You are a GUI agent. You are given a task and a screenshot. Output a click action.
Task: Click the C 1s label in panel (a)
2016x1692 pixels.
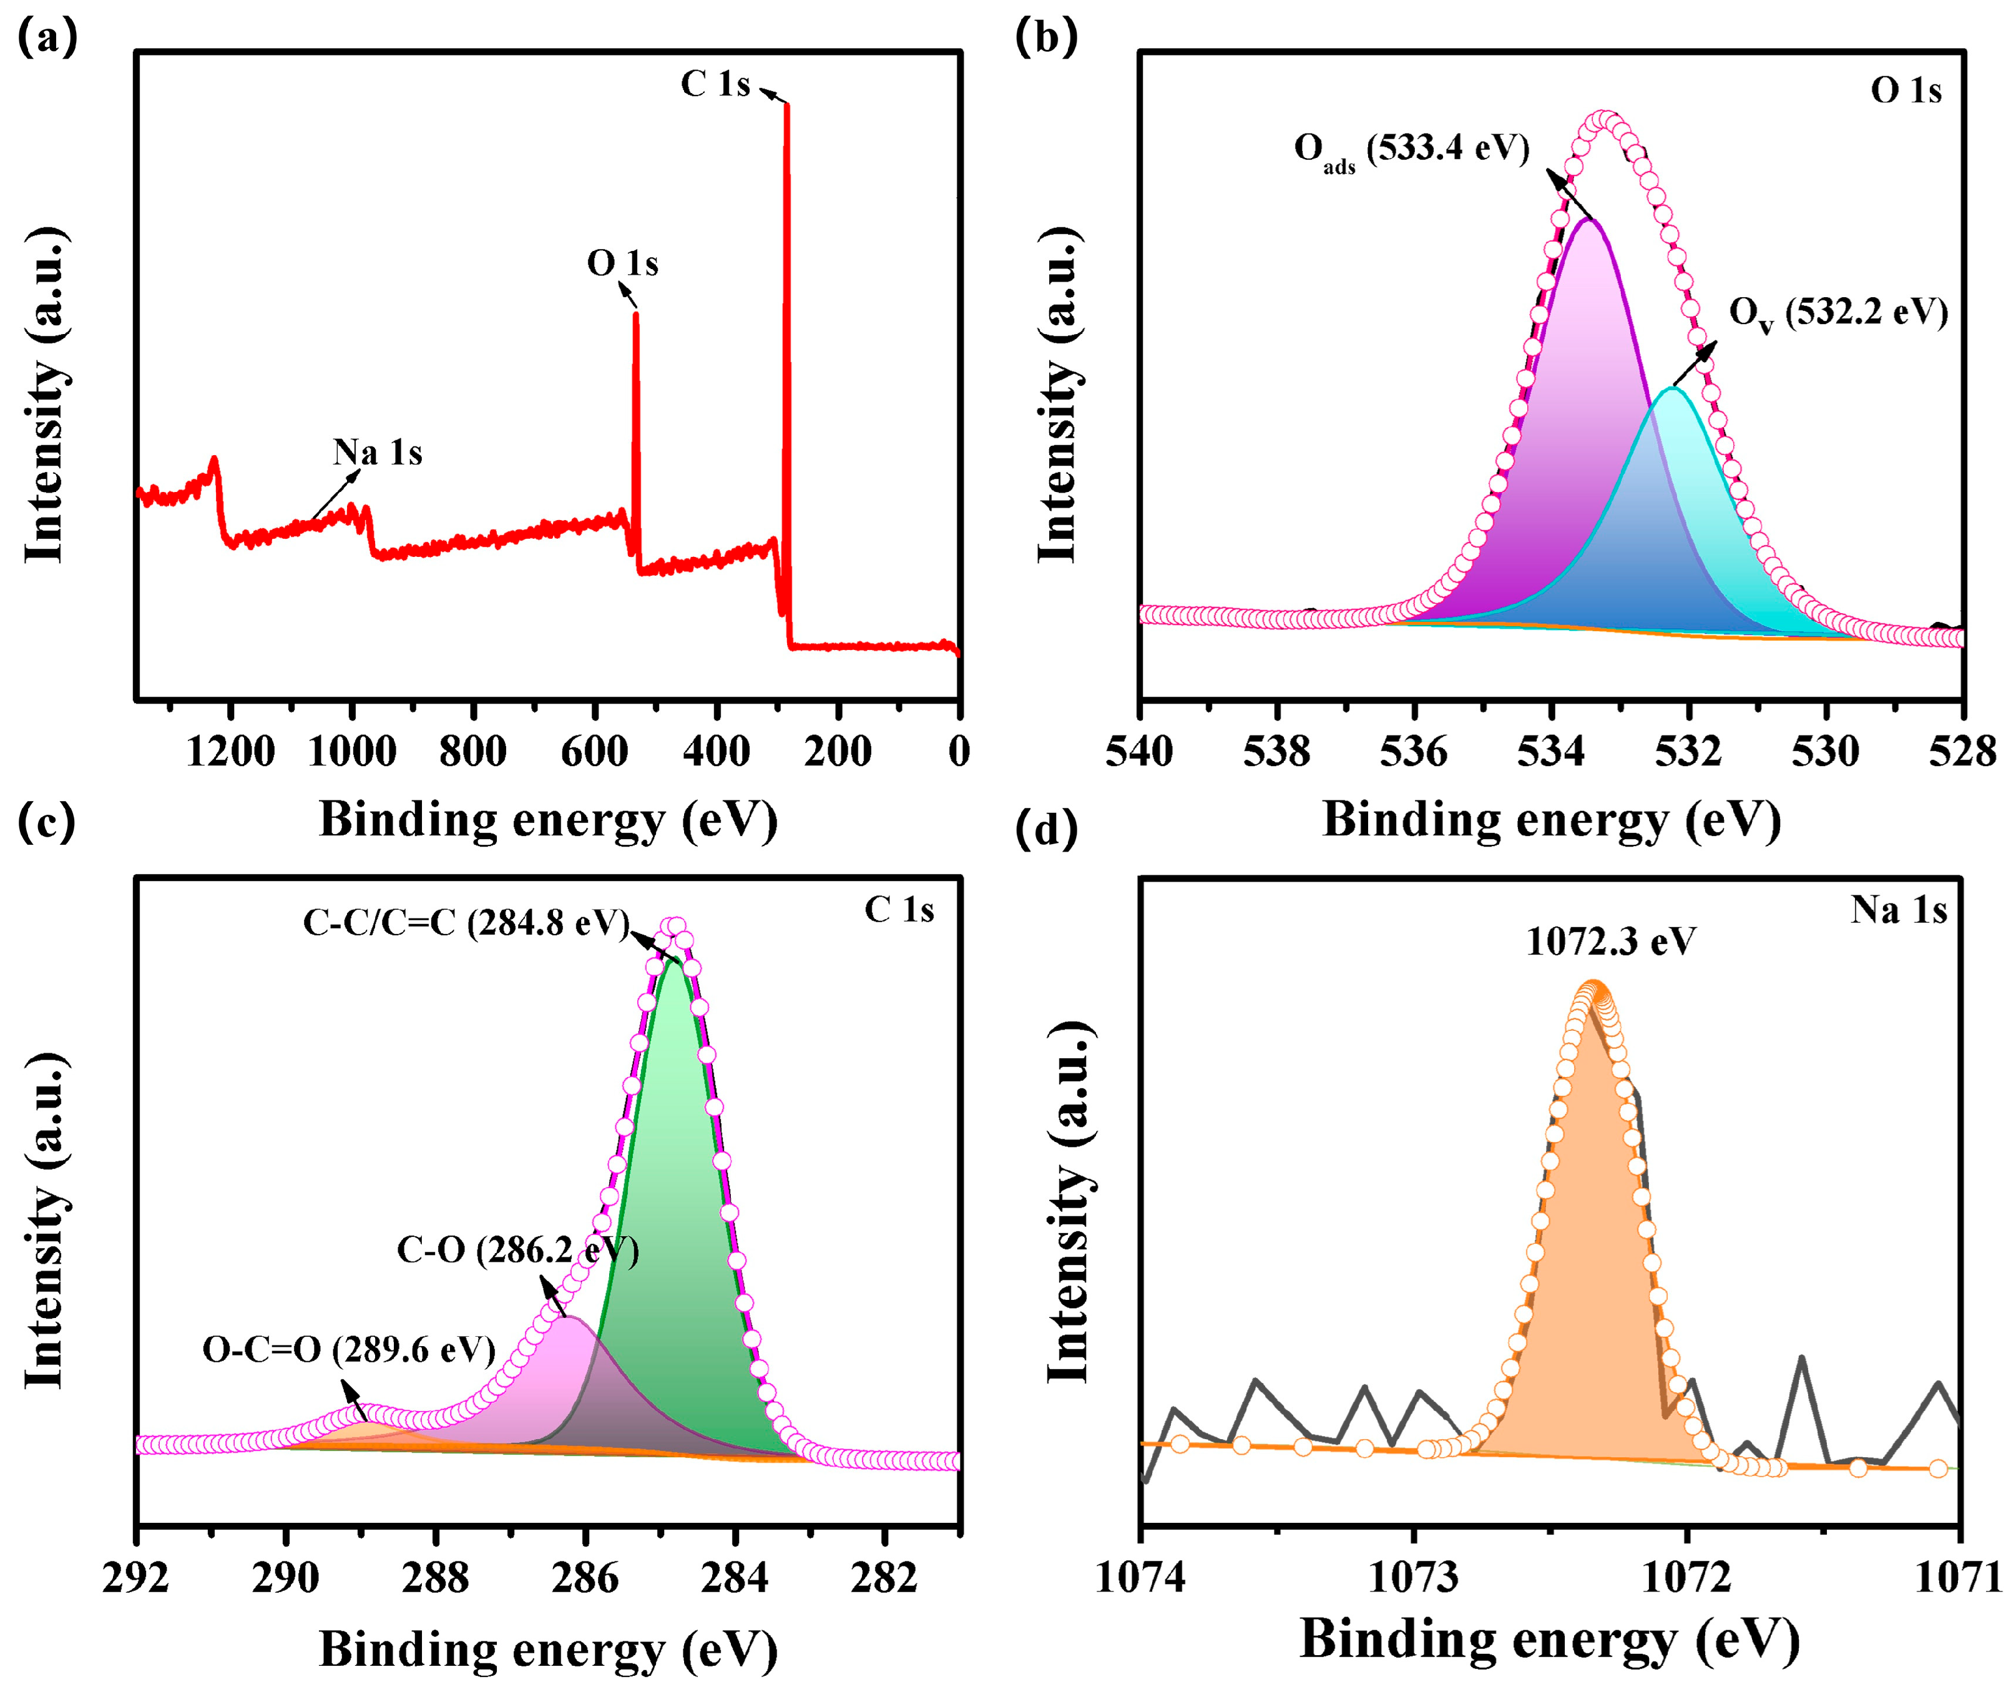click(715, 84)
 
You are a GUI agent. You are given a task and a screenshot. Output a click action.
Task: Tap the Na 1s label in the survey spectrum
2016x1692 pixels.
click(377, 452)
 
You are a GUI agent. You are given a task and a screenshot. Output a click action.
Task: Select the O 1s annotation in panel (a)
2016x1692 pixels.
click(622, 263)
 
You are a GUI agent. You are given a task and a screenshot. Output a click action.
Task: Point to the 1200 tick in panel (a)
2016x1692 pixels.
click(230, 751)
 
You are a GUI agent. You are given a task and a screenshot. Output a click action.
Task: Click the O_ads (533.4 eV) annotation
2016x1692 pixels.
click(1411, 150)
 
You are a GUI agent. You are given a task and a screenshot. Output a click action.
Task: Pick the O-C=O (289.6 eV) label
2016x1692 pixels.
click(348, 1350)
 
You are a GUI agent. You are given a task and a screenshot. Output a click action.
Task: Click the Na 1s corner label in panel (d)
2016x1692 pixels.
click(1898, 910)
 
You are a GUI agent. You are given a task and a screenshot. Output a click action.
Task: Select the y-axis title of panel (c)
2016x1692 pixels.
click(44, 1219)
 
